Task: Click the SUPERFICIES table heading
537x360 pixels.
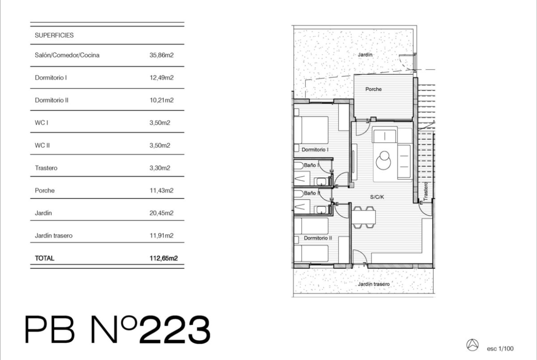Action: click(54, 35)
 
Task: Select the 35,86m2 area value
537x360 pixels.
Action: click(161, 55)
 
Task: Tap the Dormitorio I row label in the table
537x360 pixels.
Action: click(50, 78)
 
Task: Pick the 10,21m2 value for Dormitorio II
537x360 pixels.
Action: click(161, 100)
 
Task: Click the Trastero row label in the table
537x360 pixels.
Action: click(46, 168)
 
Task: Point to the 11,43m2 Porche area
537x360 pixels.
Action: click(161, 191)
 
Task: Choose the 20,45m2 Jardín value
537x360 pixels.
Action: click(161, 213)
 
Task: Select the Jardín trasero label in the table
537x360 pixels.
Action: click(53, 236)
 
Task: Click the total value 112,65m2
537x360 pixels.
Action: click(163, 258)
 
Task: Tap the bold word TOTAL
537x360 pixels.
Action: click(45, 258)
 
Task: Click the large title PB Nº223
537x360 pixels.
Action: click(117, 330)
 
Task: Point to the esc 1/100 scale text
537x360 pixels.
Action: click(500, 349)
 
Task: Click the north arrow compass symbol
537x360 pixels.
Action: click(473, 344)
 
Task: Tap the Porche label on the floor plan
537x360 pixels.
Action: click(373, 89)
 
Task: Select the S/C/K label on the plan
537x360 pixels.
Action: click(377, 197)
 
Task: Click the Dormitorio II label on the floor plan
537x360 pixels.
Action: click(318, 238)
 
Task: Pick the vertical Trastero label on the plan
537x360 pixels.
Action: click(425, 191)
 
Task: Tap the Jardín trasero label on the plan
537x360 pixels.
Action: click(374, 284)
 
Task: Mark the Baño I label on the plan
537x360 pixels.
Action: click(311, 165)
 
